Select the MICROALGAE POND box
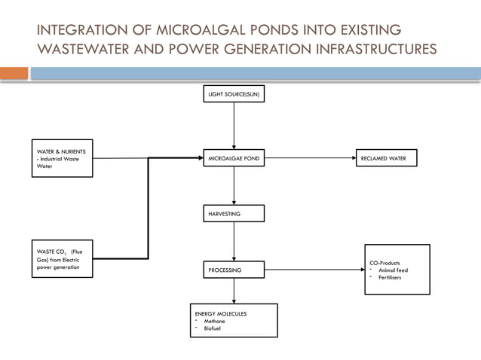(234, 159)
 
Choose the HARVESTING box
(234, 214)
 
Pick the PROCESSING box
(234, 270)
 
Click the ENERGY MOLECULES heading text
(221, 313)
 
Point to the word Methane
(214, 321)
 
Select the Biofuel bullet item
(213, 328)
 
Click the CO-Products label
(384, 263)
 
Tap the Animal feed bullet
(393, 270)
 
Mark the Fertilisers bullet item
(391, 278)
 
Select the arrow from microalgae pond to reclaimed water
(310, 159)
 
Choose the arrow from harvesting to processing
(234, 242)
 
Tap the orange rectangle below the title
(14, 73)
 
